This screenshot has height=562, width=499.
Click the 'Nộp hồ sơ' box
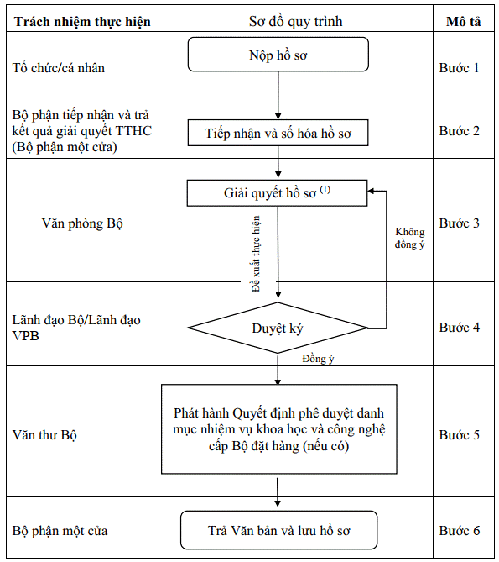click(278, 55)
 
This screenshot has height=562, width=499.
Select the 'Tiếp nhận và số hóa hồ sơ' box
click(278, 133)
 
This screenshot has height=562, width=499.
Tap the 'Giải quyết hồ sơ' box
click(278, 193)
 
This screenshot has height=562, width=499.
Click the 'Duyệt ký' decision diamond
click(278, 328)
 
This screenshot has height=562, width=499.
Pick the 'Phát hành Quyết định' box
click(279, 429)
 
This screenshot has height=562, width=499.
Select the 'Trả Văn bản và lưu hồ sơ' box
click(279, 530)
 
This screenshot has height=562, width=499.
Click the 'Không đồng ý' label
click(410, 238)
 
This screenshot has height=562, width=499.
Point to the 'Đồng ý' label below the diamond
click(318, 359)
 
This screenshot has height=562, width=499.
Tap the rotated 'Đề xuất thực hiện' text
click(256, 254)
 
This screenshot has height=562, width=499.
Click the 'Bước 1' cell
click(459, 68)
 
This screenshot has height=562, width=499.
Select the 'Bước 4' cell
click(460, 328)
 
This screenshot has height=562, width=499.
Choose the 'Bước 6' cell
click(460, 530)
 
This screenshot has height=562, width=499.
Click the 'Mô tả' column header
click(464, 22)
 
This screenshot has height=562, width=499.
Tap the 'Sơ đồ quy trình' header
click(296, 22)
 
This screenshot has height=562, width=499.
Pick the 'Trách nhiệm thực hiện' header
click(82, 22)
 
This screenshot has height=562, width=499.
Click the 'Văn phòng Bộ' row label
click(82, 223)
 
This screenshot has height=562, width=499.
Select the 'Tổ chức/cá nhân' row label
click(59, 68)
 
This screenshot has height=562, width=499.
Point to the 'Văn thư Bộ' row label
click(44, 435)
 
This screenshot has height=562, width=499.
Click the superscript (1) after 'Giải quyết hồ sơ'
click(325, 189)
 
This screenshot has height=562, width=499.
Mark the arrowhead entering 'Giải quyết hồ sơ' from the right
click(371, 191)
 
